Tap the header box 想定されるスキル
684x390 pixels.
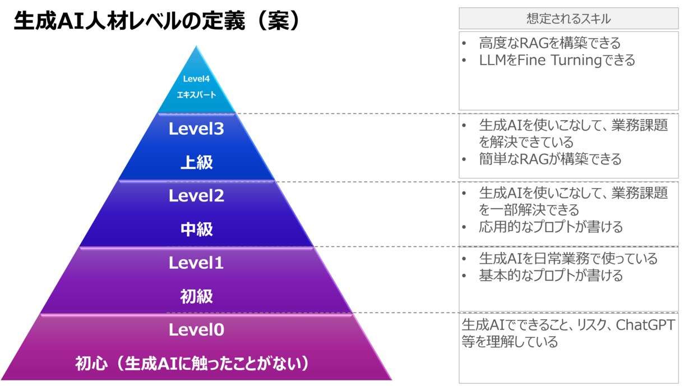[569, 19]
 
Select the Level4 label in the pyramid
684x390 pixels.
[196, 79]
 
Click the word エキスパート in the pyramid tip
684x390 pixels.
[196, 95]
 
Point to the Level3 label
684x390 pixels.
[196, 129]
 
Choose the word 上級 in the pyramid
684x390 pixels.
[196, 162]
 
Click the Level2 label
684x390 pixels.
[196, 196]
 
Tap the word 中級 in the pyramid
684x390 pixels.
[196, 230]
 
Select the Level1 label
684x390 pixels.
[196, 263]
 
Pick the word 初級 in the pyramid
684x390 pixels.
[196, 296]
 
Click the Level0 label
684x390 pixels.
[196, 330]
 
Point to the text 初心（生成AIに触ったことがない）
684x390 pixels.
[192, 364]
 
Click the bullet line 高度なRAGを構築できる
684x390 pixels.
[549, 43]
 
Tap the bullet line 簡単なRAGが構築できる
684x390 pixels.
[550, 159]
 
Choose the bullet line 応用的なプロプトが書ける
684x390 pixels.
[551, 227]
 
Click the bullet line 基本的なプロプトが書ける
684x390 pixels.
[551, 276]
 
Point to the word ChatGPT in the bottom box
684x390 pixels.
[645, 325]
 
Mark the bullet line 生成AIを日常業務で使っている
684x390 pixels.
[568, 259]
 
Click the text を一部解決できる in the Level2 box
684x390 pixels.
[529, 210]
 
